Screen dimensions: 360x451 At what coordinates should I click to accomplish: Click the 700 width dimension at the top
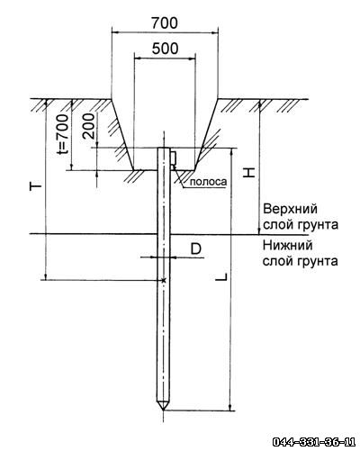point(164,23)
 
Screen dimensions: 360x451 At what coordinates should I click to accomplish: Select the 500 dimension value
point(165,49)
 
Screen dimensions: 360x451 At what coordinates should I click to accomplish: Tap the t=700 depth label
point(63,133)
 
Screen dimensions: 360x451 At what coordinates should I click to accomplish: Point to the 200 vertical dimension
point(88,126)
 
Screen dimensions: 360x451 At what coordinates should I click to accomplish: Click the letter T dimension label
point(36,187)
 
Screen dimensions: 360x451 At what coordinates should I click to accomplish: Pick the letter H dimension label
point(248,172)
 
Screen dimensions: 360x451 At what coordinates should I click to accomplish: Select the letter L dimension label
point(221,277)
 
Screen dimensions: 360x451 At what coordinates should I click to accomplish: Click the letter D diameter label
point(196,248)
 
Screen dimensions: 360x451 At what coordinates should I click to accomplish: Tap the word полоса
point(209,182)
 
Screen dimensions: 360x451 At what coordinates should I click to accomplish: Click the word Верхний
point(290,209)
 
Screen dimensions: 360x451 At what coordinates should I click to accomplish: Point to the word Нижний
point(288,246)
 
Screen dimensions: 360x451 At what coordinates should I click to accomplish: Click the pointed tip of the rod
point(163,410)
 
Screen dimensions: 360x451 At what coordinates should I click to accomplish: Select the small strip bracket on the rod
point(173,158)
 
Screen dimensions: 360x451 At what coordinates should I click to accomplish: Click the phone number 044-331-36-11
point(314,442)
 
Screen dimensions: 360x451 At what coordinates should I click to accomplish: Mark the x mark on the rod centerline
point(164,280)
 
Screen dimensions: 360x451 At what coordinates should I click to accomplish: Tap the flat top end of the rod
point(164,148)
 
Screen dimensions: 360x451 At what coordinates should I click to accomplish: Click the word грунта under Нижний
point(318,261)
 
